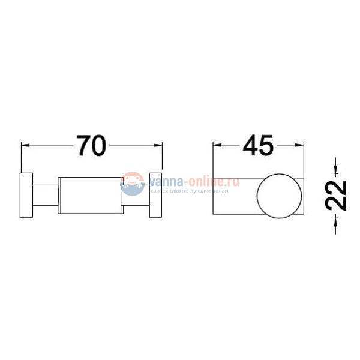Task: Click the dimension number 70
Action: (91, 146)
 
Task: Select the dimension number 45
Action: (258, 146)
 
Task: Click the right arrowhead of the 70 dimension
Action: (159, 145)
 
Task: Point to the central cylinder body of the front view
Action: (91, 195)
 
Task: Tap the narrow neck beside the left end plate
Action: (46, 195)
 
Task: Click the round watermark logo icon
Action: (132, 184)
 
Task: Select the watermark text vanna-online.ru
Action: (193, 181)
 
